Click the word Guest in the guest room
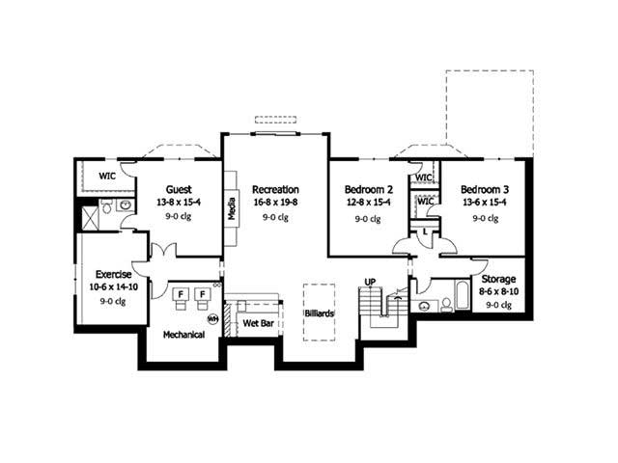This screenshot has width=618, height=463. (x=177, y=189)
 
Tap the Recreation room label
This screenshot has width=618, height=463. (x=275, y=189)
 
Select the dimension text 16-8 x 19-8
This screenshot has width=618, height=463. (x=275, y=204)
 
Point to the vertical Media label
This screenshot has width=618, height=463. (x=232, y=209)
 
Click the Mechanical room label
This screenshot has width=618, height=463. (x=183, y=335)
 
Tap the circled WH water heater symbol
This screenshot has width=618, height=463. (x=211, y=317)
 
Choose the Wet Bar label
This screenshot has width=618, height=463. (x=258, y=323)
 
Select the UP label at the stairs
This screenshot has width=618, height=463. (x=369, y=282)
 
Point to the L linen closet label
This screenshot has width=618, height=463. (x=425, y=231)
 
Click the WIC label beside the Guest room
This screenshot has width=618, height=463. (x=107, y=176)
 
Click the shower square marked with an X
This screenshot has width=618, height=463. (x=89, y=217)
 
